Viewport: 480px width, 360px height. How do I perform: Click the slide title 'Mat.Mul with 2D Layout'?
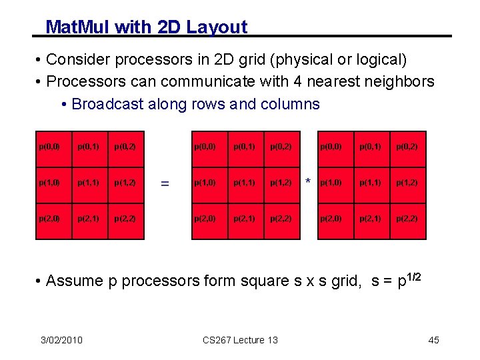tap(146, 27)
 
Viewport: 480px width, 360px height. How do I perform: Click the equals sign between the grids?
tap(165, 182)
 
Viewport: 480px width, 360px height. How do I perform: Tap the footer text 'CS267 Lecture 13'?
tap(240, 340)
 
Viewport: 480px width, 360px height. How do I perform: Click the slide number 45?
tap(433, 340)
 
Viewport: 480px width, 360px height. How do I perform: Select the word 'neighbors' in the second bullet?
tap(399, 82)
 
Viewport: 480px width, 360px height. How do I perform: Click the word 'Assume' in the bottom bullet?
tap(75, 281)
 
